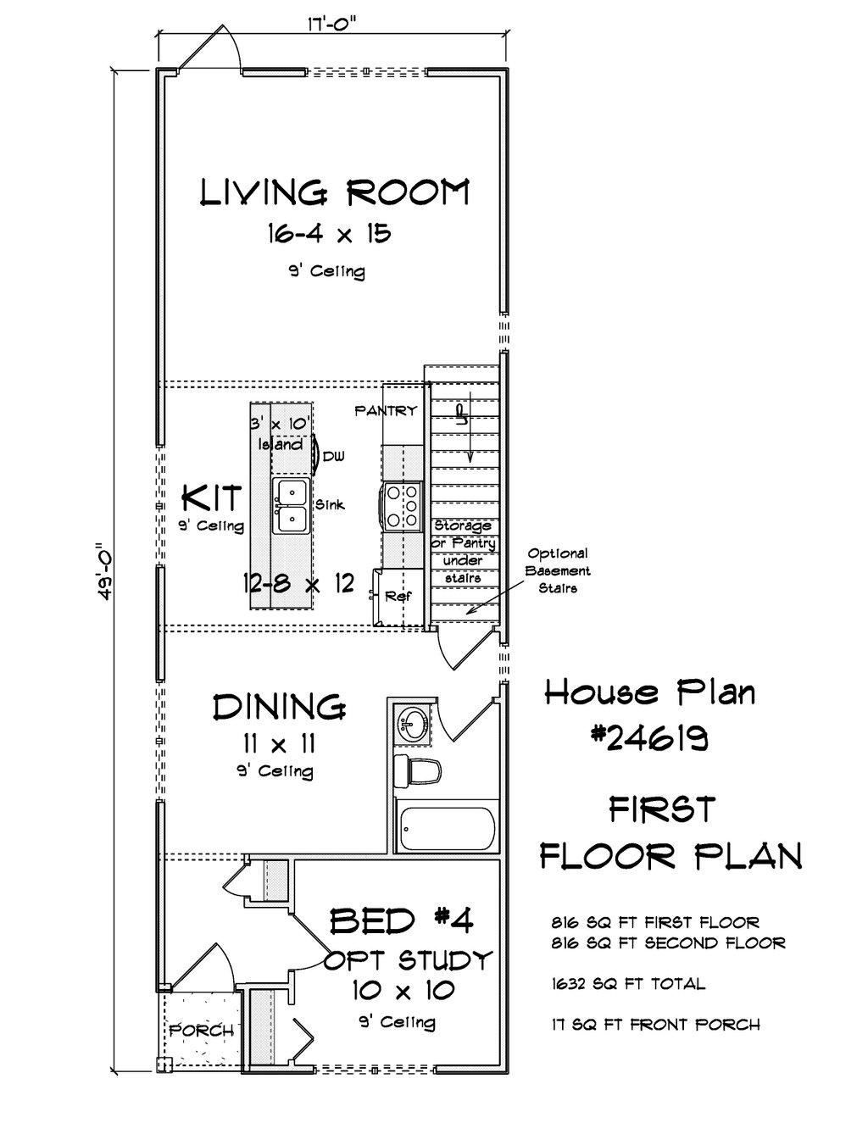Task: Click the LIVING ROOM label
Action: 335,192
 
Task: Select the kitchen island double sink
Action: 292,505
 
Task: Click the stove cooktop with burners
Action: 402,506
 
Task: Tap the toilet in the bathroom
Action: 417,771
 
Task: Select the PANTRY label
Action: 386,411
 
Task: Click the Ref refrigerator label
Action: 398,596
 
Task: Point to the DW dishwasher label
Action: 334,456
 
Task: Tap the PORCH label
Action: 202,1031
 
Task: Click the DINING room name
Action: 279,707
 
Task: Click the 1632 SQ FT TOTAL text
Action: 628,983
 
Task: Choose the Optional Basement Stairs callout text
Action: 558,570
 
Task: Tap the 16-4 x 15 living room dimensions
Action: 330,233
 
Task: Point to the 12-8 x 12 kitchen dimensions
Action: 298,583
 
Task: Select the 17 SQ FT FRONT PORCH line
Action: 655,1024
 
